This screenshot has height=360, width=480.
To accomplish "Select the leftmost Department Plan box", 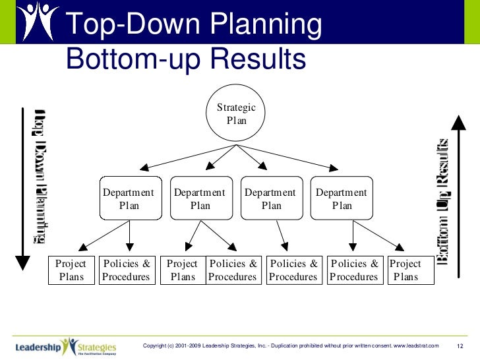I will point(130,198).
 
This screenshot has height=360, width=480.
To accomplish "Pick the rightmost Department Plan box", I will point(342,198).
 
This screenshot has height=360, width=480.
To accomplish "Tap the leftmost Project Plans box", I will point(72,270).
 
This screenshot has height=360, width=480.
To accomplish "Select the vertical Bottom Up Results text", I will point(443,201).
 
